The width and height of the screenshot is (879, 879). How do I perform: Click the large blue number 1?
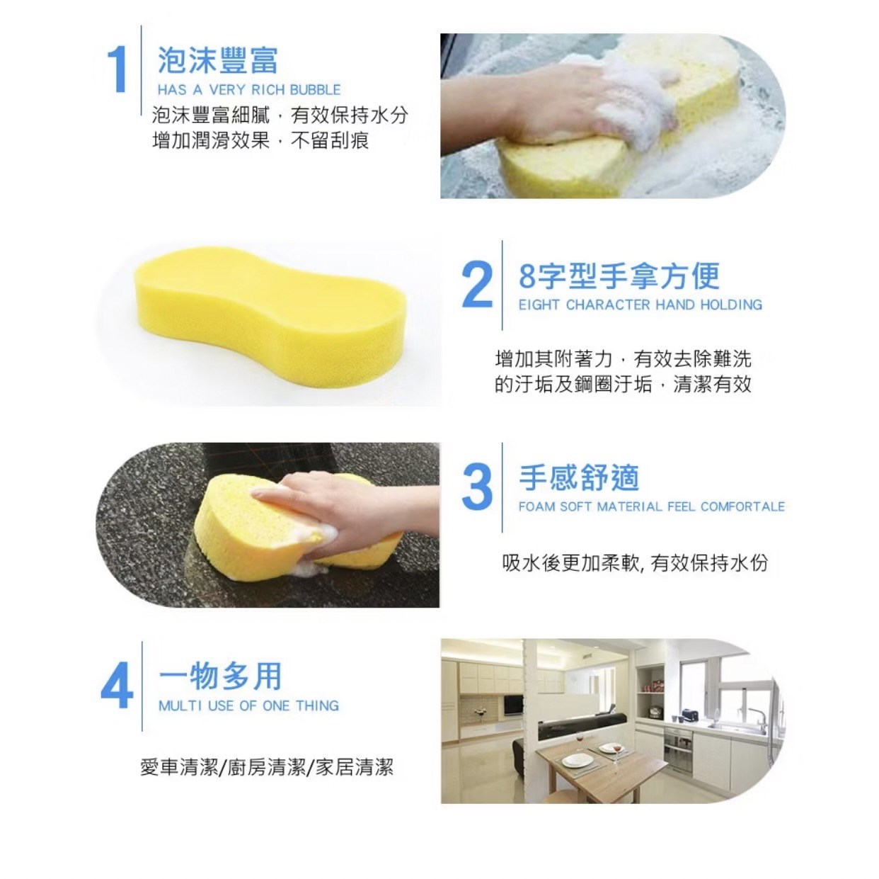click(x=117, y=69)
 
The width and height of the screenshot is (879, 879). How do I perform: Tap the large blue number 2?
click(x=476, y=285)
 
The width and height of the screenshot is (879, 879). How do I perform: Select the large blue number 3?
click(x=476, y=487)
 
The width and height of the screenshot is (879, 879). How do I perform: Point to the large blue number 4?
click(x=117, y=686)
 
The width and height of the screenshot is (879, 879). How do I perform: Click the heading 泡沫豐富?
click(x=217, y=59)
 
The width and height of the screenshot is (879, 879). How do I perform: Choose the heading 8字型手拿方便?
click(x=619, y=276)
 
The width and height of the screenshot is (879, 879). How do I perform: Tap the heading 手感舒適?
click(x=579, y=478)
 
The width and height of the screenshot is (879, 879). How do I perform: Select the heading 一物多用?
click(x=220, y=676)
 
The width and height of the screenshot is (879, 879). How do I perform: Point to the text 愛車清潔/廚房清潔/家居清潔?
click(x=266, y=767)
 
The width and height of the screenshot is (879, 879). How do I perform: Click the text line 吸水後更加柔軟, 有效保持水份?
click(x=634, y=563)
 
